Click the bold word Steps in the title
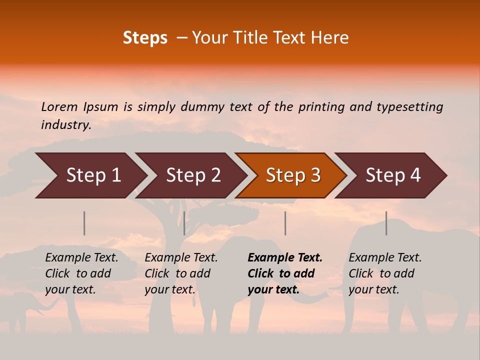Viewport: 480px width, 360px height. pyautogui.click(x=145, y=38)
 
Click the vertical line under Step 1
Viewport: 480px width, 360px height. pyautogui.click(x=84, y=223)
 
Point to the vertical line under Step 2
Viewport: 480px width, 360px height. pyautogui.click(x=184, y=223)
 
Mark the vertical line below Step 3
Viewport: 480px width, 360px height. pyautogui.click(x=285, y=223)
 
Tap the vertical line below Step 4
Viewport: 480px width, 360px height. pyautogui.click(x=386, y=223)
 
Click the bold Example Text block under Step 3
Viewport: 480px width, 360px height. pyautogui.click(x=284, y=273)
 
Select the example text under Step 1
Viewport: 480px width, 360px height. pyautogui.click(x=81, y=273)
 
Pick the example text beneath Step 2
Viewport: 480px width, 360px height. pyautogui.click(x=181, y=273)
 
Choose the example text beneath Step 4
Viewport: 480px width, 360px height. pyautogui.click(x=385, y=273)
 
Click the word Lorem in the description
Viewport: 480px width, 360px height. pyautogui.click(x=59, y=106)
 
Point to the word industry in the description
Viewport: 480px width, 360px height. pyautogui.click(x=66, y=124)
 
